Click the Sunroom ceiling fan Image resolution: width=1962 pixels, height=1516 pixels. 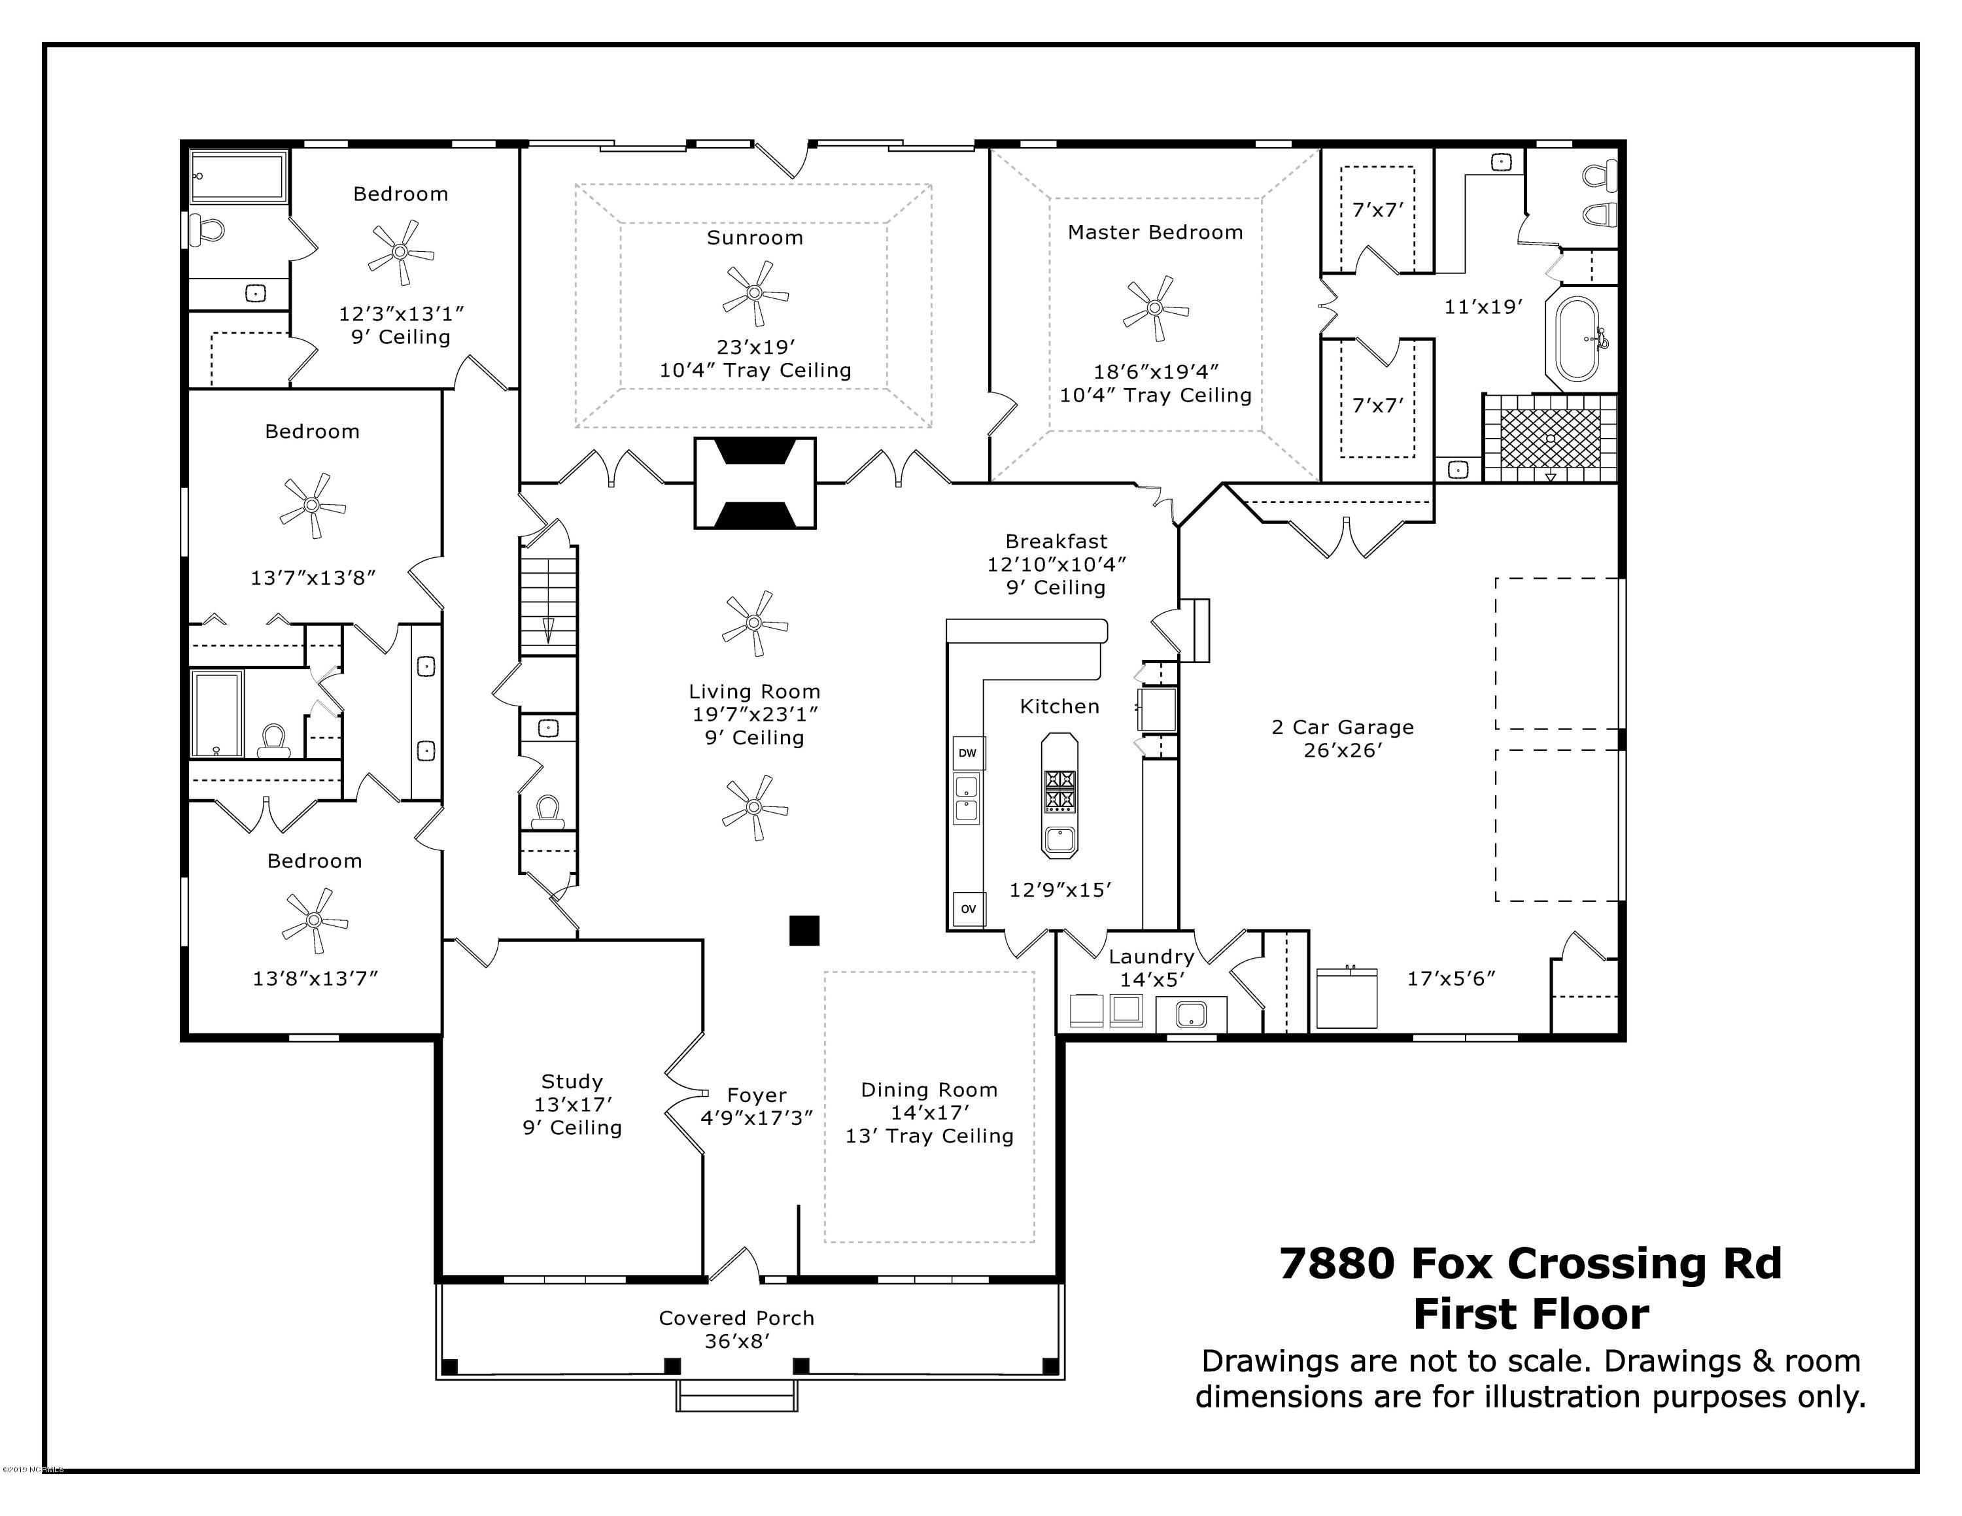(755, 293)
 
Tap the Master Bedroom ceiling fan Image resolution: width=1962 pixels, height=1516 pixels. (1155, 309)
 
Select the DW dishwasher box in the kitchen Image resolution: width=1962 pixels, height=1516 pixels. (967, 753)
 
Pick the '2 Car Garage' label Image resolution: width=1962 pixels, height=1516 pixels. (1342, 727)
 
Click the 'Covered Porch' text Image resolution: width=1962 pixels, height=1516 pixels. (736, 1318)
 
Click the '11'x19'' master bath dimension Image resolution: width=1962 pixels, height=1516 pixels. (1483, 306)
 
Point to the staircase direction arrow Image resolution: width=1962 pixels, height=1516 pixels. (548, 630)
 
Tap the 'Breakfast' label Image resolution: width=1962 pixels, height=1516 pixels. (1056, 542)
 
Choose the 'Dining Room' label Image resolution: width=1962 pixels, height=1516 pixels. (929, 1090)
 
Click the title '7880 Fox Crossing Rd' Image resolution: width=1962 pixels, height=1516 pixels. (1530, 1263)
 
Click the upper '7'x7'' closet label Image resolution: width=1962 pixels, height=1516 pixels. (1377, 210)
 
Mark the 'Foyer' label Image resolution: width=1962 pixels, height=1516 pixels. (757, 1095)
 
